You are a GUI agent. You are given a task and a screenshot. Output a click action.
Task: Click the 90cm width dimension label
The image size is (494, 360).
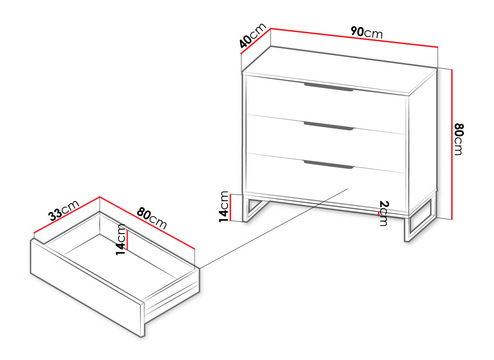(x=366, y=33)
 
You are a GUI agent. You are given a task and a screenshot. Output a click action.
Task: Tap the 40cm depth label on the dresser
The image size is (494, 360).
(x=251, y=41)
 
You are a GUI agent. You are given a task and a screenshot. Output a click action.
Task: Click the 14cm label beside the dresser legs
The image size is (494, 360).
(x=228, y=205)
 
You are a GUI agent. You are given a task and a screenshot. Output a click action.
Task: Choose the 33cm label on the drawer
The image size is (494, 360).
(x=62, y=211)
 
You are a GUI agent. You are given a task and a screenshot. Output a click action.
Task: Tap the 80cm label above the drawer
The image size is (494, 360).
(x=149, y=217)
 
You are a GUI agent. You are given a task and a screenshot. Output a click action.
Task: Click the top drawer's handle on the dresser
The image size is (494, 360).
(x=327, y=92)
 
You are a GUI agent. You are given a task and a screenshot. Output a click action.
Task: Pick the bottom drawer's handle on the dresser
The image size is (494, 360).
(x=327, y=164)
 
